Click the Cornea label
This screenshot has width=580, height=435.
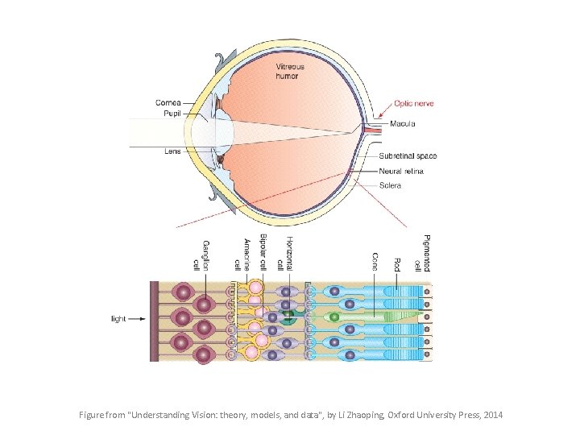[168, 103]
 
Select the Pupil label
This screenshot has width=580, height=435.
[172, 114]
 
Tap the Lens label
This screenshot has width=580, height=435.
[172, 150]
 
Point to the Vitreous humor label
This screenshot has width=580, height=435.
[288, 71]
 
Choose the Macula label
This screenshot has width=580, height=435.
[402, 123]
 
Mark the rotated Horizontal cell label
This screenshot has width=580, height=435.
[284, 252]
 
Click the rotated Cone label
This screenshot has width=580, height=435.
[375, 262]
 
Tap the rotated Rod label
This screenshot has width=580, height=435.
[396, 263]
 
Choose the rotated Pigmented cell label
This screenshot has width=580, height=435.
[421, 253]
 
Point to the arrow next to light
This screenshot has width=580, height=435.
[138, 319]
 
